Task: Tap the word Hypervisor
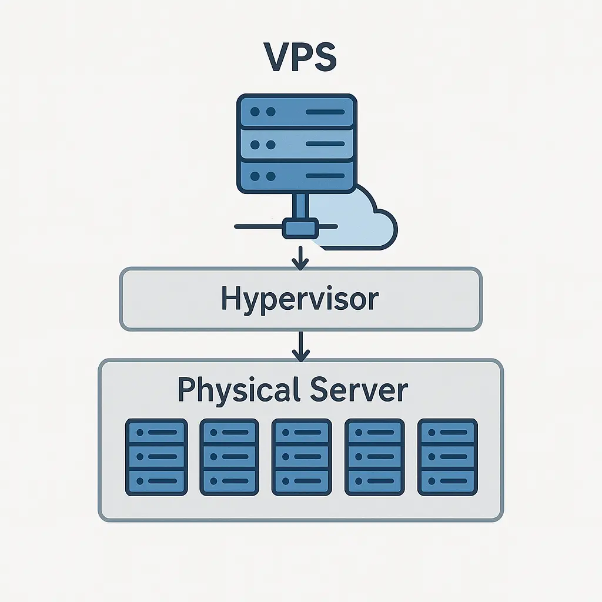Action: [x=300, y=299]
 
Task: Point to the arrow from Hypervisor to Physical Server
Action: [x=300, y=346]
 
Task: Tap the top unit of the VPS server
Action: [x=297, y=111]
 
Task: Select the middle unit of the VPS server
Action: [x=297, y=143]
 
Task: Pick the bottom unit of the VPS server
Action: [x=297, y=175]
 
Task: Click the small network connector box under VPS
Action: [x=300, y=227]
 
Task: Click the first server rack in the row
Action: [x=156, y=457]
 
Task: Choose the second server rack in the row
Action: [x=229, y=457]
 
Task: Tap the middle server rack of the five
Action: [x=302, y=457]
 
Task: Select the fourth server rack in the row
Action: [x=374, y=457]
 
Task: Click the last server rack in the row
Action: [x=447, y=457]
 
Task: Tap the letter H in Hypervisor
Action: [x=230, y=299]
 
